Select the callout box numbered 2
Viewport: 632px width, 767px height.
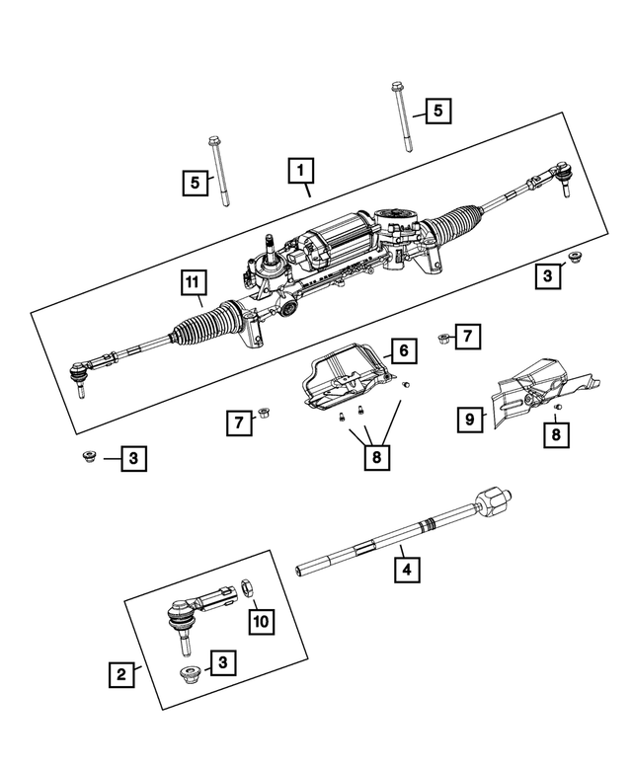click(x=120, y=675)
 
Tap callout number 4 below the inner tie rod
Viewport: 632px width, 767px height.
click(x=403, y=569)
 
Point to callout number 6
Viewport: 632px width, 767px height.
click(x=403, y=349)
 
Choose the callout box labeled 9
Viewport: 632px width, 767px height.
click(x=470, y=419)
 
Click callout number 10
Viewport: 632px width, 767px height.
click(x=261, y=621)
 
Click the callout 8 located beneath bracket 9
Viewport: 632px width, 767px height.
click(x=557, y=432)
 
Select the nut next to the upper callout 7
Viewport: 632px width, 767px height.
click(x=443, y=339)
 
